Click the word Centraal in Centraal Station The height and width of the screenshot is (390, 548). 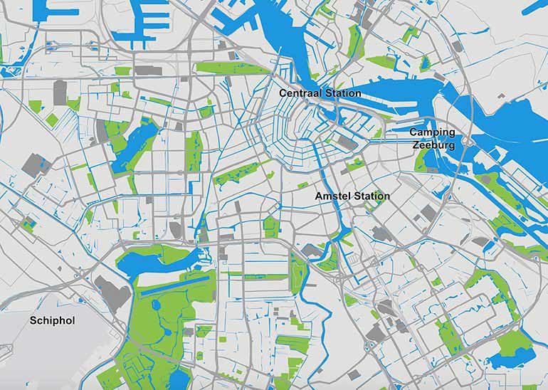(299, 93)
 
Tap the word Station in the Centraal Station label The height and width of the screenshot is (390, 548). (341, 93)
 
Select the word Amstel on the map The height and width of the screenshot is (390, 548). (333, 196)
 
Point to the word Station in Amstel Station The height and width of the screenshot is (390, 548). (371, 196)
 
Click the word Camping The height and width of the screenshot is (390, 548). (431, 132)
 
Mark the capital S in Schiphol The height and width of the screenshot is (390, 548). (33, 321)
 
